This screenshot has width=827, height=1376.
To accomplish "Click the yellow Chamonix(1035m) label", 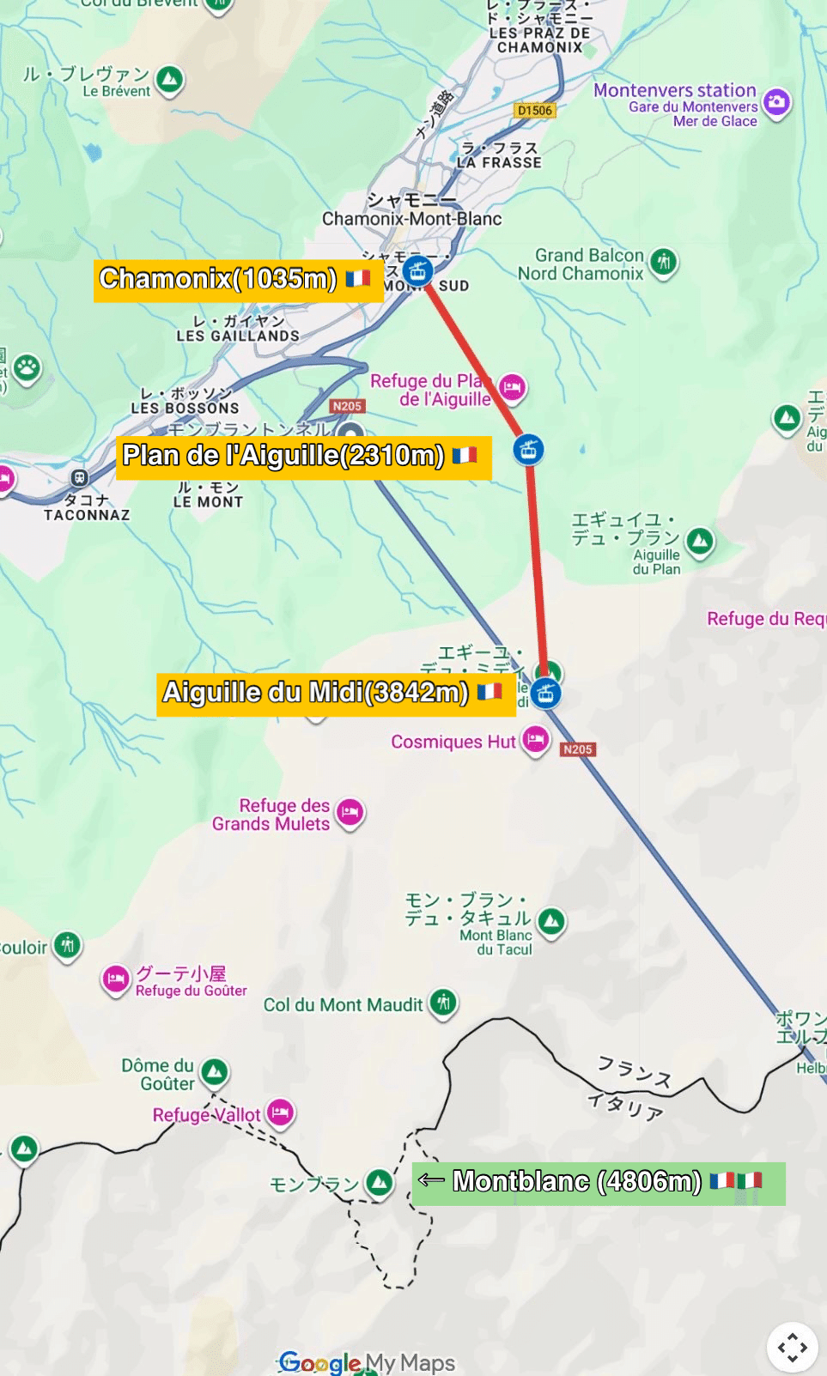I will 238,280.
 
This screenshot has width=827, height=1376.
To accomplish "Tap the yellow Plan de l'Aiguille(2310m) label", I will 303,457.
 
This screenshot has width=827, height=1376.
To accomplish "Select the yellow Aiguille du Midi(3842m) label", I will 335,694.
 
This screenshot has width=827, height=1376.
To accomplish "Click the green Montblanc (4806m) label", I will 599,1183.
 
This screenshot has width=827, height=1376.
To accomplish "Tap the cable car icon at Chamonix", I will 417,271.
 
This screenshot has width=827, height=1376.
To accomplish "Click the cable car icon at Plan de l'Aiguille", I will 528,448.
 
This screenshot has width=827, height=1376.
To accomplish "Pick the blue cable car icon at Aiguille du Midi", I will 545,693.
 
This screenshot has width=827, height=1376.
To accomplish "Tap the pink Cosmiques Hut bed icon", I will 536,739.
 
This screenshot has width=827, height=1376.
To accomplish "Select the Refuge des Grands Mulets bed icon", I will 350,811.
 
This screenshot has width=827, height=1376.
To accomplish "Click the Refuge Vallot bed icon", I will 280,1112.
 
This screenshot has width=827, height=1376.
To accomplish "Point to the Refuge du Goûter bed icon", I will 116,979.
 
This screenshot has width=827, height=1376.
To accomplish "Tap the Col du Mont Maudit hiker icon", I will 443,1002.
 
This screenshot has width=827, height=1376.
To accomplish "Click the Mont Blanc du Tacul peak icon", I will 551,922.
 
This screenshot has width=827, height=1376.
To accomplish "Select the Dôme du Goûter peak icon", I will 214,1070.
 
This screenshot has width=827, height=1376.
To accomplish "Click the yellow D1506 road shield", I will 535,110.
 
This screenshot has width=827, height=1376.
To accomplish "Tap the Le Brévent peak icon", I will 170,80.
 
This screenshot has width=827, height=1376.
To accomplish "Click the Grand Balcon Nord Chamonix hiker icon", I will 663,261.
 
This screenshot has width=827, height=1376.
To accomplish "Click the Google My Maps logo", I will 368,1362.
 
